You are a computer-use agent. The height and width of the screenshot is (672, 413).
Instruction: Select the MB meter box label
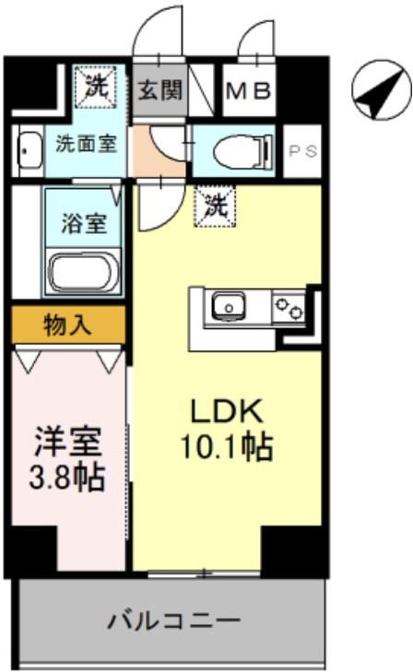[250, 92]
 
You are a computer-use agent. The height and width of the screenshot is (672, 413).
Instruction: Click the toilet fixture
[238, 150]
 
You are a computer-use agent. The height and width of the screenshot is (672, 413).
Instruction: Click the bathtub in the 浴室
[82, 274]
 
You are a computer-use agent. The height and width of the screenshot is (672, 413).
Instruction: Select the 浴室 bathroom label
[84, 222]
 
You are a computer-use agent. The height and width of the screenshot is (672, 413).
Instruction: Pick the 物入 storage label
[67, 324]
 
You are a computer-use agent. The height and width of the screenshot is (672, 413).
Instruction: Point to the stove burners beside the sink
[289, 306]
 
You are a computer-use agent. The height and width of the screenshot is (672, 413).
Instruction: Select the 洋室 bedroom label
[67, 442]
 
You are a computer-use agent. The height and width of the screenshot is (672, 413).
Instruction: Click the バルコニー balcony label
[172, 619]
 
